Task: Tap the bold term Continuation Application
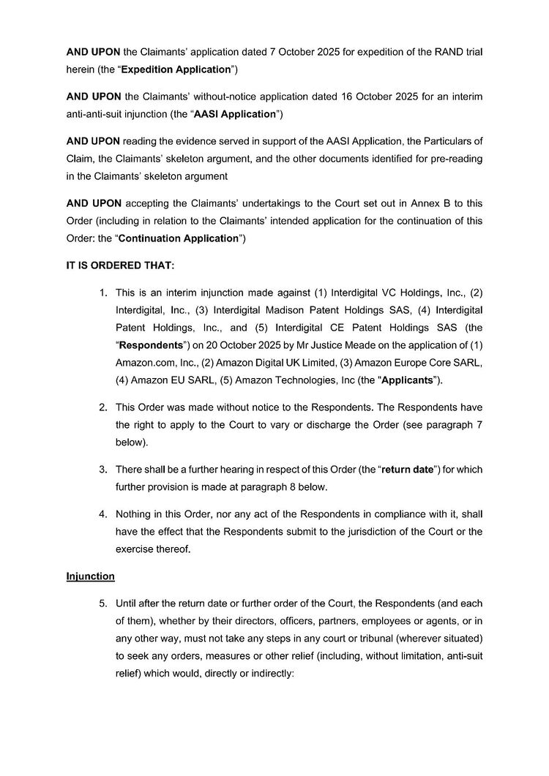pyautogui.click(x=179, y=238)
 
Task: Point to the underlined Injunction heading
pyautogui.click(x=91, y=576)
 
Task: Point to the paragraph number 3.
pyautogui.click(x=103, y=468)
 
